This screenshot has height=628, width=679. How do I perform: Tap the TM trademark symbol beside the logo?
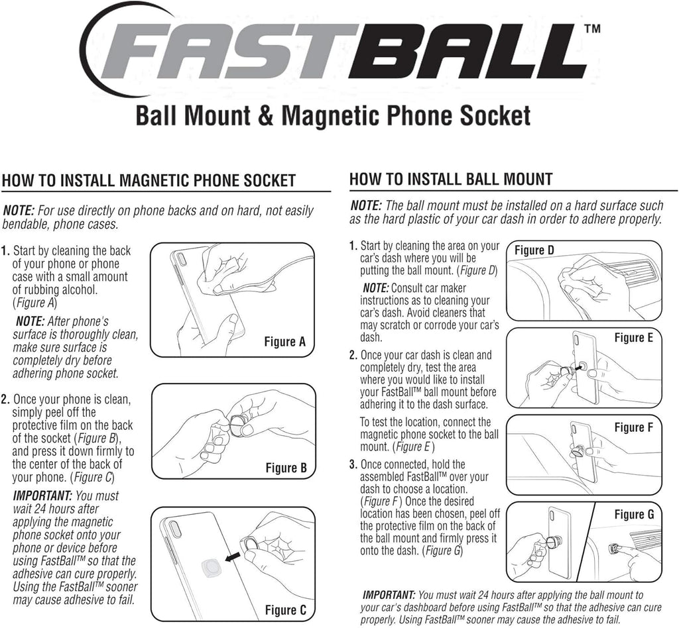pos(591,29)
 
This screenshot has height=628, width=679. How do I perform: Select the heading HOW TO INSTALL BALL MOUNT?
pos(450,179)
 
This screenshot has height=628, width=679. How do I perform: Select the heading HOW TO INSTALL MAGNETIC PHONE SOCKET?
pos(149,180)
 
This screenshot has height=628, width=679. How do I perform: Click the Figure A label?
pos(284,342)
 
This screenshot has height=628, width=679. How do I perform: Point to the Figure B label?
pos(286,468)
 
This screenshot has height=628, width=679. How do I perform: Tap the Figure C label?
pos(286,609)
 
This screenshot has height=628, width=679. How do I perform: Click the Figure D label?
pos(534,250)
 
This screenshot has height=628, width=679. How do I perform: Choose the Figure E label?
pos(633,338)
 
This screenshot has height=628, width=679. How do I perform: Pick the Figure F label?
pos(633,427)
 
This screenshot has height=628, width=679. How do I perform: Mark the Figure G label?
pos(633,514)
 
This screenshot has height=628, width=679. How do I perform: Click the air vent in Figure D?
pos(630,272)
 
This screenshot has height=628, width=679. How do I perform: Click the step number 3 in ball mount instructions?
pos(353,464)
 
